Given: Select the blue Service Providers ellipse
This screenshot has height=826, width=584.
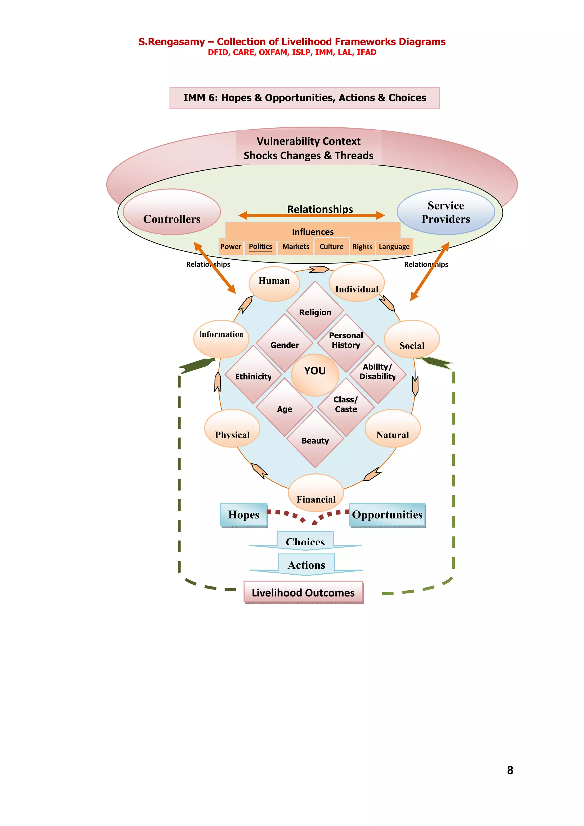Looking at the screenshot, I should pos(445,212).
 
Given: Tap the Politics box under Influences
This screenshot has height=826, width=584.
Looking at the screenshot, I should pos(261,247).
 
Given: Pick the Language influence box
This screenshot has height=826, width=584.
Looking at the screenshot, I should pos(394,247).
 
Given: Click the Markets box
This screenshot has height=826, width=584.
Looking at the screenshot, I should pos(295,247).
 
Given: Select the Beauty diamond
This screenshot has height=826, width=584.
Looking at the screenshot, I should pos(315,441).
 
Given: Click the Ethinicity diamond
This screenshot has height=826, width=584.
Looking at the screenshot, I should pos(253,376).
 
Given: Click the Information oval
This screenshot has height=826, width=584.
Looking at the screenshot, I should pos(221,338).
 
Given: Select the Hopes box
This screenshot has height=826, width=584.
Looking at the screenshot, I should pos(244,515).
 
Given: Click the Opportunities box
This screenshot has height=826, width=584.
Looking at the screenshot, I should pos(387,515).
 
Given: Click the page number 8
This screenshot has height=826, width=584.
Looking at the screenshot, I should pos(510,770).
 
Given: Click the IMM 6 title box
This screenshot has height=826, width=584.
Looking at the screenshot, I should pos(305,98).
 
